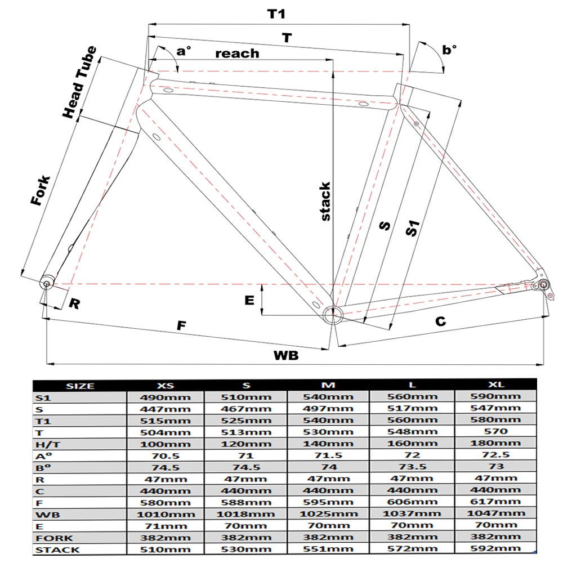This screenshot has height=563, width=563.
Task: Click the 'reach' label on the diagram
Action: [x=237, y=53]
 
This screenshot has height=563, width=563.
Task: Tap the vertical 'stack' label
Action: [x=325, y=202]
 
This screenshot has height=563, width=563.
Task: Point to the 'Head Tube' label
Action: [x=79, y=82]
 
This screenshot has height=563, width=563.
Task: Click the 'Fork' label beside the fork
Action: [x=40, y=190]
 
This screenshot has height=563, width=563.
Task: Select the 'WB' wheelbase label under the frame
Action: [x=286, y=355]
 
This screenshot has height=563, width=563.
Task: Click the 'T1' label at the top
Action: [x=276, y=14]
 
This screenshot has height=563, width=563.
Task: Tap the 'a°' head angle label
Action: [x=184, y=51]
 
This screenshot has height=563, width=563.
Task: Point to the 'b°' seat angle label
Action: [x=449, y=50]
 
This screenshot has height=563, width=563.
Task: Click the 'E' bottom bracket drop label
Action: [x=249, y=300]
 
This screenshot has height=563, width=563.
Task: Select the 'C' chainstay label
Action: [x=441, y=321]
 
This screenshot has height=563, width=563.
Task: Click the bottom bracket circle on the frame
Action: [x=333, y=315]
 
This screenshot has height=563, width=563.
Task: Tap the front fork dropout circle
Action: [x=46, y=284]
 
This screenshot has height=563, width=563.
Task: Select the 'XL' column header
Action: [x=496, y=385]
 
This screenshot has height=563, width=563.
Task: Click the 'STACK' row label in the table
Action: [x=57, y=549]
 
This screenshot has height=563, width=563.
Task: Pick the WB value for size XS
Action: [x=166, y=514]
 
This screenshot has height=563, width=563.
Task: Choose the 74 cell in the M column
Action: [x=329, y=467]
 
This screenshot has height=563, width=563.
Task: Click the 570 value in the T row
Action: [x=496, y=431]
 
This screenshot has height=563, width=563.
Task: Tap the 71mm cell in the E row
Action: [x=166, y=526]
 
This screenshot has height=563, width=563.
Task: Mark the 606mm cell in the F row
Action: [x=412, y=502]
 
